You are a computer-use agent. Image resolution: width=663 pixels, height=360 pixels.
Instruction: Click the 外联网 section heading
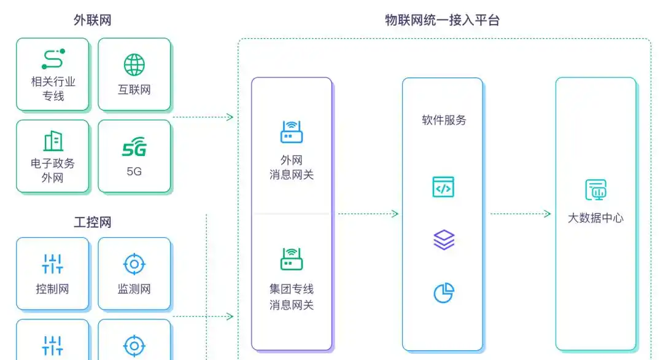click(92, 20)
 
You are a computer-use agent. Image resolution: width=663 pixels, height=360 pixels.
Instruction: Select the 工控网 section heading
click(92, 222)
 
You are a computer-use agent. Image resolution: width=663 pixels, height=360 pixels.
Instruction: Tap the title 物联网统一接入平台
click(442, 20)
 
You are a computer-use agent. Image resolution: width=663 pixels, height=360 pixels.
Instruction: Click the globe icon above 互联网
click(134, 65)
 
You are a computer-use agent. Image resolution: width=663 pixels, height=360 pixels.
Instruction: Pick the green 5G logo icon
click(134, 148)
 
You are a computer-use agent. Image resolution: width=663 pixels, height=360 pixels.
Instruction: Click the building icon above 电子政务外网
click(53, 141)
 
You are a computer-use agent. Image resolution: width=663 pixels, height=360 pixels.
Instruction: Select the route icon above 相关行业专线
click(53, 59)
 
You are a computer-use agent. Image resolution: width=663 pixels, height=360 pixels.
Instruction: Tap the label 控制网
click(53, 289)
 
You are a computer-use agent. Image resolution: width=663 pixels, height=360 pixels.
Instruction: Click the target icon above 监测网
click(134, 264)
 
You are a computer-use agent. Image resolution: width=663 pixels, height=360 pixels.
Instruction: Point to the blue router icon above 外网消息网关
click(292, 132)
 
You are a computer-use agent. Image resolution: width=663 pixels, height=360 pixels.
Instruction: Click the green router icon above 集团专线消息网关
click(292, 259)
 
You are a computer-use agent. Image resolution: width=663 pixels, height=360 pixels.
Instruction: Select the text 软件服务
click(443, 120)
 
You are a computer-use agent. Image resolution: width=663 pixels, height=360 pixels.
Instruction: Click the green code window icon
click(443, 187)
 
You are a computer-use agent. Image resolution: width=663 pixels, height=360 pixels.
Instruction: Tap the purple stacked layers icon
click(443, 240)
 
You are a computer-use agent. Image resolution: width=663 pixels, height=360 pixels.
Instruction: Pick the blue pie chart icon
click(443, 293)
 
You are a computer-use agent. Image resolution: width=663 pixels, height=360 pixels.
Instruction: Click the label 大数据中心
click(595, 218)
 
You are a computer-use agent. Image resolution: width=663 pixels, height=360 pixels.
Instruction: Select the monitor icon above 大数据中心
click(595, 190)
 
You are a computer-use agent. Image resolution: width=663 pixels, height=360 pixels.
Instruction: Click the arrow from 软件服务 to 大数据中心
click(521, 214)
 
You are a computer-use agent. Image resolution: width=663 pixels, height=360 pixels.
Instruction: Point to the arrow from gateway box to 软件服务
click(368, 214)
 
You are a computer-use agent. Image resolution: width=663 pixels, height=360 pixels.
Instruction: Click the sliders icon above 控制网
click(53, 264)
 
